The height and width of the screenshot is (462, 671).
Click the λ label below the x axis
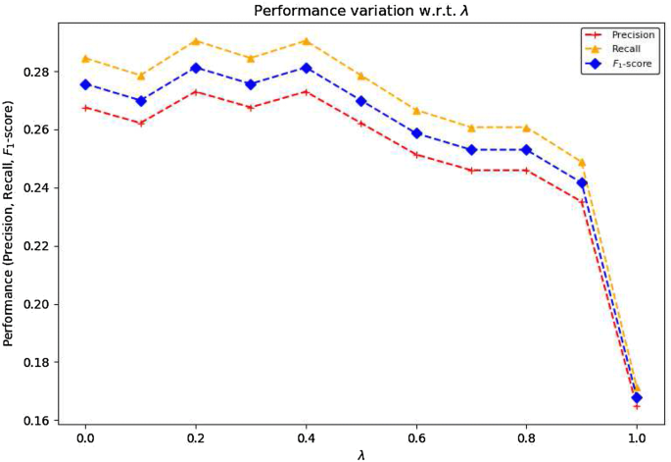click(361, 455)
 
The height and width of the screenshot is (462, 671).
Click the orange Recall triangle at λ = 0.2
click(196, 41)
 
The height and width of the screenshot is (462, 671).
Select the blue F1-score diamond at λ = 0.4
click(307, 68)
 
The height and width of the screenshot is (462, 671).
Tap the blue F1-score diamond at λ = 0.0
click(85, 84)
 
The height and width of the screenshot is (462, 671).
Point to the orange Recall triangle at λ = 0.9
click(582, 162)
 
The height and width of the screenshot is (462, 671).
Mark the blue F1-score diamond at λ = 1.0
click(637, 397)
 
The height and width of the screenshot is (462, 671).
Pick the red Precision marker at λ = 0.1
click(140, 124)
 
